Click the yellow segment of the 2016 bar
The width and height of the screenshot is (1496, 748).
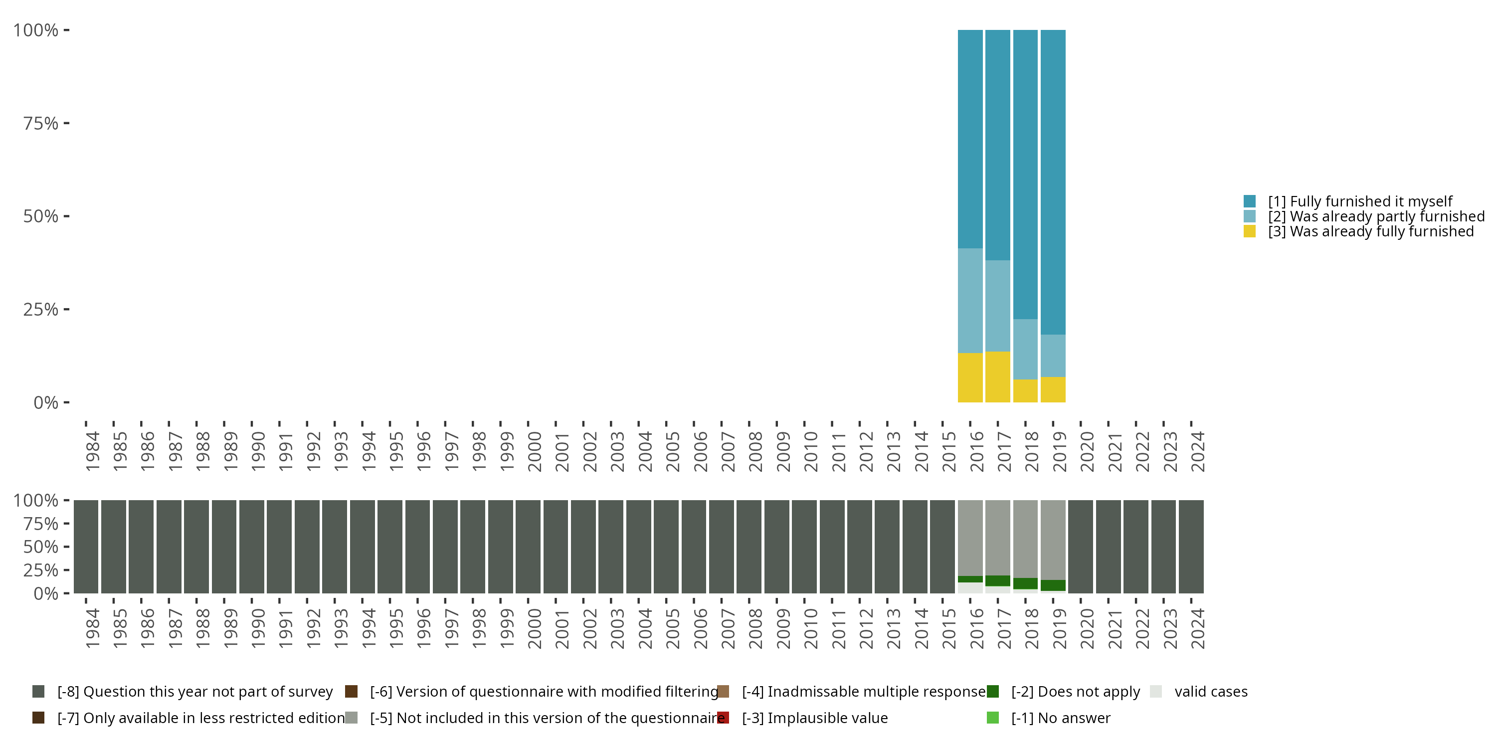(970, 377)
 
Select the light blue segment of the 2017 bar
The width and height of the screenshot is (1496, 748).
(998, 306)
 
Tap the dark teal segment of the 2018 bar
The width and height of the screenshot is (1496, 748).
(1025, 174)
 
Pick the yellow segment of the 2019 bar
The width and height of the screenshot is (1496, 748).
(1053, 389)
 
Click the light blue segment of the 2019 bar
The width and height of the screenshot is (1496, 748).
(1053, 356)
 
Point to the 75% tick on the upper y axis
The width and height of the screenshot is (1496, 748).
(66, 123)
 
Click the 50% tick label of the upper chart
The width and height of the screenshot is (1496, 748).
(41, 216)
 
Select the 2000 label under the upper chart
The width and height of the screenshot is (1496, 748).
(534, 452)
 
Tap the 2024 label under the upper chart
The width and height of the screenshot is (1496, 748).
(1197, 452)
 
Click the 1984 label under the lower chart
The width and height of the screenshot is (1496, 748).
(92, 629)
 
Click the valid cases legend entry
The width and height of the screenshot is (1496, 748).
(1210, 692)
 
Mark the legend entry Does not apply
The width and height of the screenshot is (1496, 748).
(1075, 692)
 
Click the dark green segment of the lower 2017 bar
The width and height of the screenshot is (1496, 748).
(998, 581)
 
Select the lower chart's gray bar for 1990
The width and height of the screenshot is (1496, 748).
(251, 547)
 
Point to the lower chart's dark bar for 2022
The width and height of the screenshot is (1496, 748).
(1135, 547)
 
